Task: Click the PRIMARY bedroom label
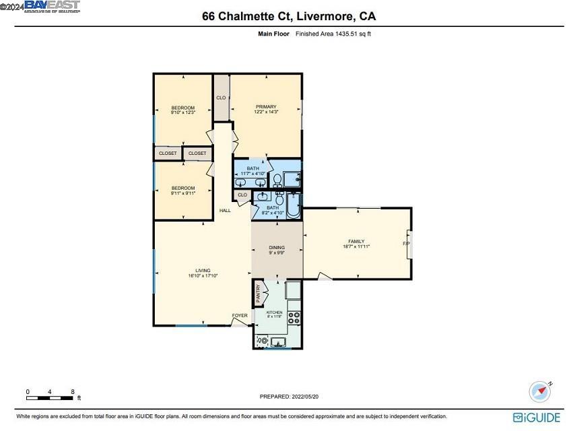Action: [x=265, y=106]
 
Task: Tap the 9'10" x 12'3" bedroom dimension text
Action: [x=182, y=113]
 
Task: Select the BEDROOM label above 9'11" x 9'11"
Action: [x=182, y=188]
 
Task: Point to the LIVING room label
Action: [x=203, y=270]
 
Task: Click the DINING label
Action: [x=277, y=247]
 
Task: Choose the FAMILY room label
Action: [x=356, y=241]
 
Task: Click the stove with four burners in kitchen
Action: [x=294, y=319]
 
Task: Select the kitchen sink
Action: [x=275, y=341]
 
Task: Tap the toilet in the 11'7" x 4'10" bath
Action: [x=277, y=180]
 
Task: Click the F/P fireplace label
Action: [x=406, y=243]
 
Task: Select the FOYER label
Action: [x=240, y=315]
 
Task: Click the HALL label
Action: [x=225, y=211]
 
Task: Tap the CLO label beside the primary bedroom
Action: [x=221, y=98]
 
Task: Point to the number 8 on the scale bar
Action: [x=73, y=391]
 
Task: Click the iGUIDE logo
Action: [x=536, y=418]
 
